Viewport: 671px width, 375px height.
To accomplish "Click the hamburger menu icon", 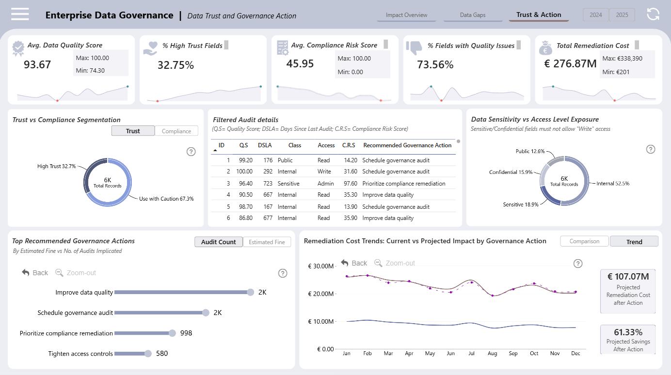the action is click(x=20, y=14).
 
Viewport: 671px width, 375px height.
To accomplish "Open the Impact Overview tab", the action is click(x=406, y=15).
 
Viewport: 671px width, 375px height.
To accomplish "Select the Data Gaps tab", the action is click(x=473, y=15).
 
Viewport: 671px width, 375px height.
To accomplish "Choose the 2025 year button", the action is click(x=622, y=15).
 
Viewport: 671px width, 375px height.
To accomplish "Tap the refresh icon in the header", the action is click(x=653, y=14).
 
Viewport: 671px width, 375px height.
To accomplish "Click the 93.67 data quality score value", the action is click(x=37, y=64).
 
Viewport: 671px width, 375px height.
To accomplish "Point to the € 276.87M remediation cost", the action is click(x=570, y=64).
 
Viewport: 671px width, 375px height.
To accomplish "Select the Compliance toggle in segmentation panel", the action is click(x=176, y=131).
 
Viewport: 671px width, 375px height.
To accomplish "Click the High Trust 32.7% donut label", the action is click(x=56, y=166).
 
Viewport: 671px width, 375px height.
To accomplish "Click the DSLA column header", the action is click(x=265, y=145).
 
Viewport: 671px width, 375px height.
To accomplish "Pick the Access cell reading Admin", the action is click(x=325, y=184).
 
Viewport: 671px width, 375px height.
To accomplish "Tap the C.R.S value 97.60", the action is click(x=351, y=184).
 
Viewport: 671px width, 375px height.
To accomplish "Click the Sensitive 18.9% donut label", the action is click(x=521, y=204).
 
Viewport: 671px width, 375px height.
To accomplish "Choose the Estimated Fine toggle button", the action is click(x=267, y=242).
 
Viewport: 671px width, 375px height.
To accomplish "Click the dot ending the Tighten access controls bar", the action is click(x=148, y=354).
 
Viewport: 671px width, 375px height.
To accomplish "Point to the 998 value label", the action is click(x=186, y=333).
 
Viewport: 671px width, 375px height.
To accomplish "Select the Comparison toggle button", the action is click(x=584, y=241).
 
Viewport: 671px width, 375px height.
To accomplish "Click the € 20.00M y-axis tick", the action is click(x=321, y=294).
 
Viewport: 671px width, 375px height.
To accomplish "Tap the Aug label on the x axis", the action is click(x=492, y=354).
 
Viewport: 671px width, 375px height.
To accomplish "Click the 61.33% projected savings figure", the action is click(x=628, y=332).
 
